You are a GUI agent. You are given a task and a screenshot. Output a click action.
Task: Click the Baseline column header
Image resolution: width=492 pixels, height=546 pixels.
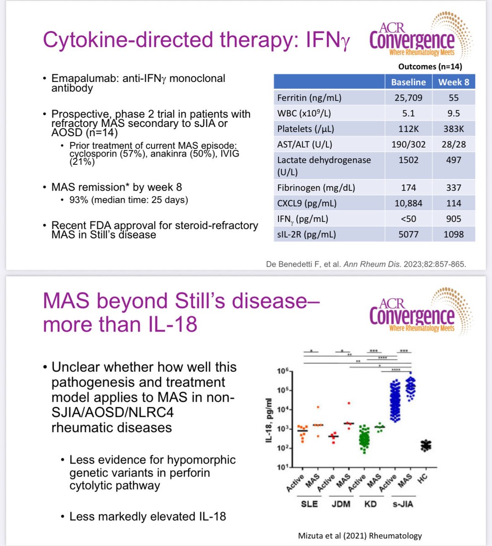[408, 82]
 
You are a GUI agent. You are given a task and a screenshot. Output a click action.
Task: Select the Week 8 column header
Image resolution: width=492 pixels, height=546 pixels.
[453, 82]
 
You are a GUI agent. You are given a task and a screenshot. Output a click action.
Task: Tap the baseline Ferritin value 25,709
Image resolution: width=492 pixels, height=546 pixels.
[408, 98]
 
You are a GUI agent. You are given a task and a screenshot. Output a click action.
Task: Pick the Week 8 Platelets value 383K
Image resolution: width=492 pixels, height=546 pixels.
[453, 129]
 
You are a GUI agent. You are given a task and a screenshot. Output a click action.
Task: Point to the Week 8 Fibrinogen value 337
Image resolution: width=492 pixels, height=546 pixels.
[453, 187]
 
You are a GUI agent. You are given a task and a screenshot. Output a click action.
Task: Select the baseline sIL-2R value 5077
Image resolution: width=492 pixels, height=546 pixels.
[408, 234]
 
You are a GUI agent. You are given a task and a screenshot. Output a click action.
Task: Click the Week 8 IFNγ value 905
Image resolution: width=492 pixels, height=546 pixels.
[453, 219]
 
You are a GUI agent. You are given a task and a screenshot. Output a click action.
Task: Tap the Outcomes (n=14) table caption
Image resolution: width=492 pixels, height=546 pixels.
[430, 66]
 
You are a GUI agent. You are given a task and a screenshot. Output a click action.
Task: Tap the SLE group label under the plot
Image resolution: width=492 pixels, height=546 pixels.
[309, 504]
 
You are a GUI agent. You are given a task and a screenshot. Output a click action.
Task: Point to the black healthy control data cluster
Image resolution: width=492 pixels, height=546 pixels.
[426, 445]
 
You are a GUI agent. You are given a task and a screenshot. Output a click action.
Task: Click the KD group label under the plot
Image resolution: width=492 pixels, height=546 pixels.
[370, 504]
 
